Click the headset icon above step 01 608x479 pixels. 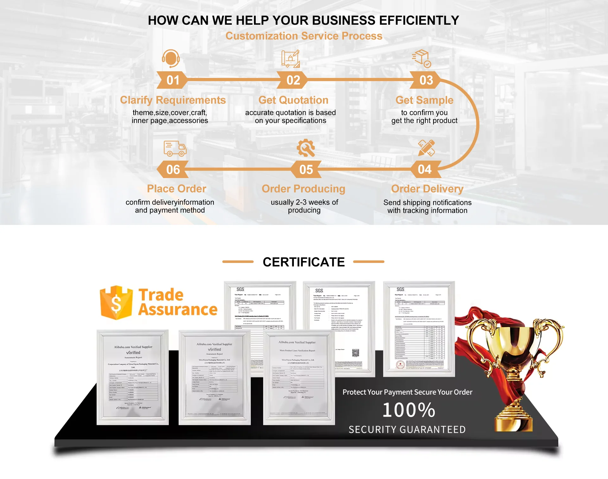pos(171,58)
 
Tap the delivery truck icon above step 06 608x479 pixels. pos(175,149)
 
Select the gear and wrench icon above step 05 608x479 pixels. pos(306,148)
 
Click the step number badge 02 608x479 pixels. pos(293,80)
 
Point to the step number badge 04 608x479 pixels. pos(425,169)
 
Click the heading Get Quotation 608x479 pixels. pos(293,100)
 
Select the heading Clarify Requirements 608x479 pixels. pos(173,100)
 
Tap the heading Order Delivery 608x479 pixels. pos(427,189)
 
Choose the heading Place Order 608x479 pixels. pos(177,189)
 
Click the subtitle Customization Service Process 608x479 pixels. pos(304,36)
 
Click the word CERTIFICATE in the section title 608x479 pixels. pos(304,262)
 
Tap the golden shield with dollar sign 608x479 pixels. pos(116,303)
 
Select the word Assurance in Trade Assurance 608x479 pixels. pos(178,310)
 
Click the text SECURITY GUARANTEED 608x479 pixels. pos(407,430)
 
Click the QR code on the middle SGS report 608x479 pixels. pos(356,353)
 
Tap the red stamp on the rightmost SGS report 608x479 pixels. pos(400,365)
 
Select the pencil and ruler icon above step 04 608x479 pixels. pos(426,148)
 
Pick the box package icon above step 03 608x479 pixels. pos(421,58)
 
